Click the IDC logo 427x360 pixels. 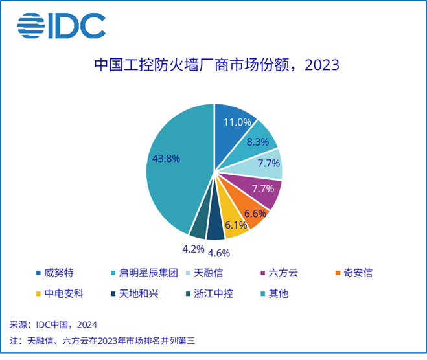(62, 27)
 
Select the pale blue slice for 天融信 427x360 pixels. (266, 165)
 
